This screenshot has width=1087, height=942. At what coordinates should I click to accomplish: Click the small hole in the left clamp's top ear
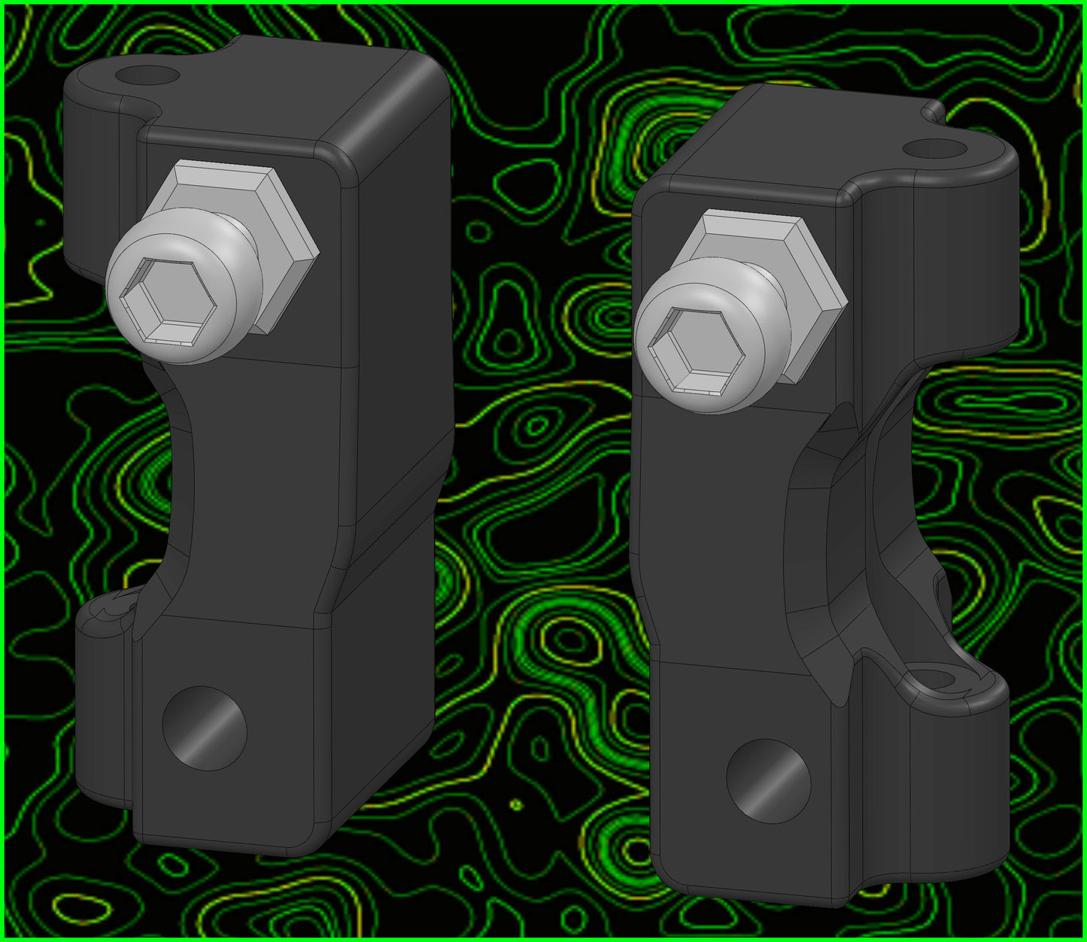tap(147, 74)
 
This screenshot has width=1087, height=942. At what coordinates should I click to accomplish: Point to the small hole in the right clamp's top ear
tap(934, 147)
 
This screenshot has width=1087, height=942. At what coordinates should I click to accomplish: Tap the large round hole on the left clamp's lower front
tap(205, 728)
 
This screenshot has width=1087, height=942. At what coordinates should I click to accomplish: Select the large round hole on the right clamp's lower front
tap(768, 780)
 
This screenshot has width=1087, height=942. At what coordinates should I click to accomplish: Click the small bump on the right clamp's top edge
tap(933, 110)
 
